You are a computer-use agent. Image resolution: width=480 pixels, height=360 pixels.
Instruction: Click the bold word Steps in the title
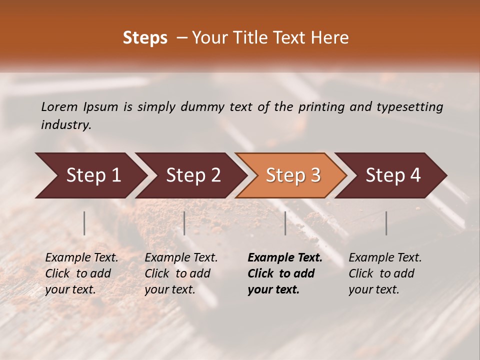pos(145,38)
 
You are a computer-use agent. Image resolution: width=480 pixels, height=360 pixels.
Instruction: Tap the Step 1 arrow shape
pos(93,175)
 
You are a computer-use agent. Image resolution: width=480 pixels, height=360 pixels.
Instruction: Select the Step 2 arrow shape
pos(193,175)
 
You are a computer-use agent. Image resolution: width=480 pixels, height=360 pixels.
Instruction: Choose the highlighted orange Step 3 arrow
pos(293,175)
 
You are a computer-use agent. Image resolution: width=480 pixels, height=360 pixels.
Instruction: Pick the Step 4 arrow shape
pos(393,175)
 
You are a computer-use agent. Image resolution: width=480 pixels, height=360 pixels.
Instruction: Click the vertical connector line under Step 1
pos(84,223)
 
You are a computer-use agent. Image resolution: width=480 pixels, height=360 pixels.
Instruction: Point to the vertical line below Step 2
pos(184,223)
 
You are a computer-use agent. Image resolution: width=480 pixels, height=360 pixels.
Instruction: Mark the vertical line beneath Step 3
pos(285,223)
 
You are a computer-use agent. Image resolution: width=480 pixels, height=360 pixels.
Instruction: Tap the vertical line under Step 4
pos(386,223)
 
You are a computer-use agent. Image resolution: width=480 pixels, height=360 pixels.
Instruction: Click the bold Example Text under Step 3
pos(285,257)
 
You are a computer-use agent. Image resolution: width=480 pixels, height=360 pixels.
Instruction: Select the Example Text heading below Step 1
pos(81,257)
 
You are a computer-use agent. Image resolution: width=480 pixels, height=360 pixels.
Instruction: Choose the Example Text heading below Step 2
pos(181,257)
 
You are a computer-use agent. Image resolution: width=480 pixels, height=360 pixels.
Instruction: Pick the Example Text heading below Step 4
pos(385,257)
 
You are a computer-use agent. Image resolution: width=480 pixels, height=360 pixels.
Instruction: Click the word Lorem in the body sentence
pos(59,106)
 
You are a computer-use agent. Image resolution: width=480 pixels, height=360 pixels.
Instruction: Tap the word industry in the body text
pos(66,125)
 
